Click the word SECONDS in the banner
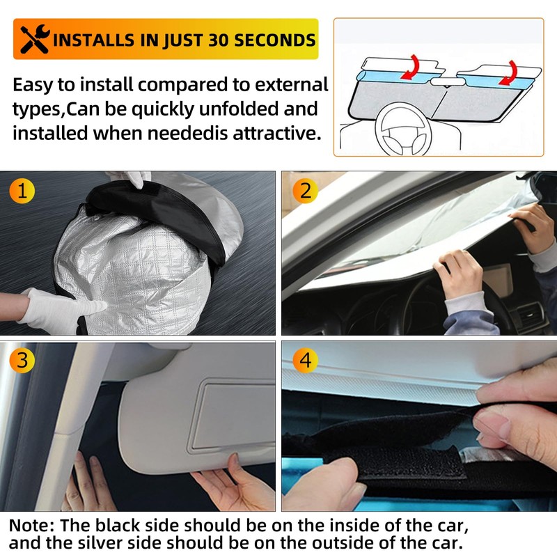point(276,40)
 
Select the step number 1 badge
point(22,191)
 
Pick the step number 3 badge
point(22,361)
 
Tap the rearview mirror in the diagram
point(446,81)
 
